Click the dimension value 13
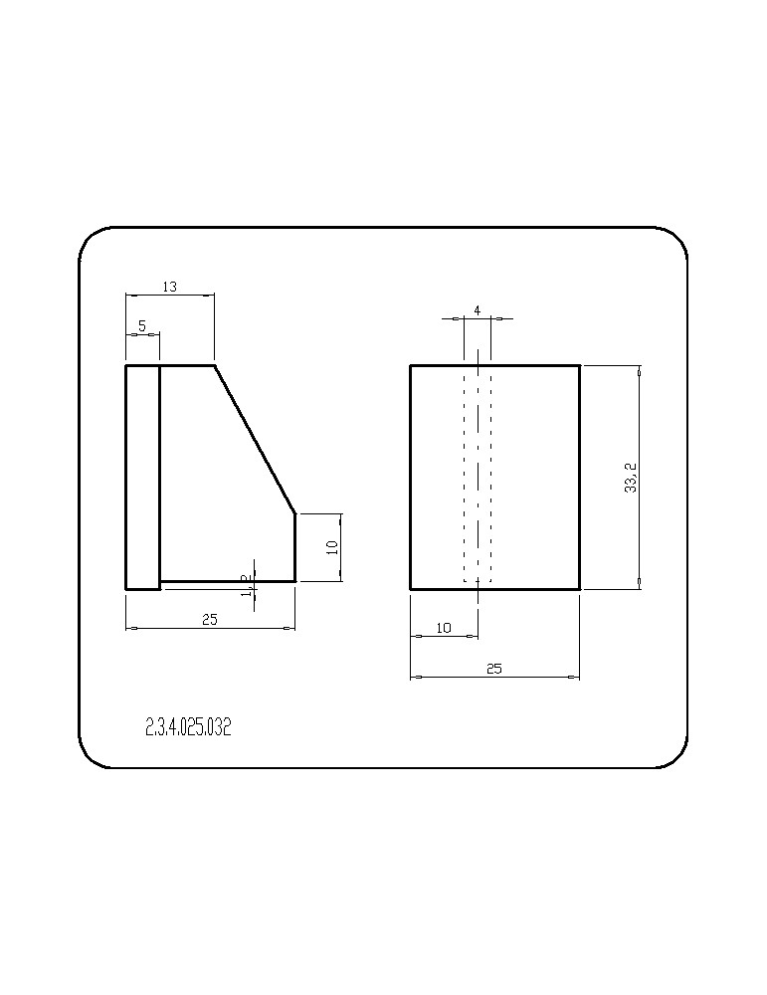(x=169, y=287)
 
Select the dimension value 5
(x=142, y=326)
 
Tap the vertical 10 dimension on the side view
(x=332, y=546)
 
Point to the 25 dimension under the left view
(x=209, y=619)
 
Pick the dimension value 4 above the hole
(x=478, y=310)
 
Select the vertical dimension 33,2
(x=631, y=478)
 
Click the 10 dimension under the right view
(x=444, y=628)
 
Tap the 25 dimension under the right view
(x=493, y=669)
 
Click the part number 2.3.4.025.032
(x=188, y=727)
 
